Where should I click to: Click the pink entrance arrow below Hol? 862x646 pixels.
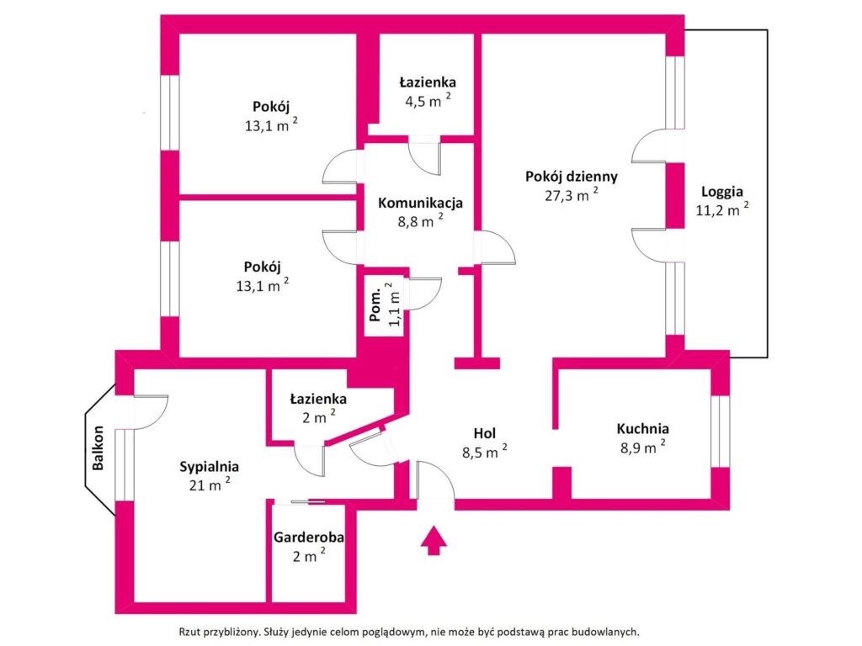tap(434, 540)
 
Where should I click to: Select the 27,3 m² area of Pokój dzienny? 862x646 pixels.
tap(572, 194)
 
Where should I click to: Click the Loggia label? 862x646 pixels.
tap(723, 191)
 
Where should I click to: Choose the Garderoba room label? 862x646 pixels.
tap(308, 537)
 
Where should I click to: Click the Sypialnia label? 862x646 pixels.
tap(210, 466)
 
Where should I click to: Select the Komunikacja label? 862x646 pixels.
tap(420, 203)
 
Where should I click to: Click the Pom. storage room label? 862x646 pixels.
tap(376, 304)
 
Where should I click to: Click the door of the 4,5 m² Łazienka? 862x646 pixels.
tap(424, 156)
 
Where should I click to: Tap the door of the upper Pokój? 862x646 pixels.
tap(342, 167)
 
